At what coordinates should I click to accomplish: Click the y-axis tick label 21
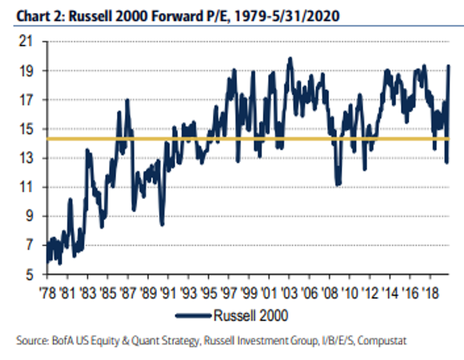pos(26,41)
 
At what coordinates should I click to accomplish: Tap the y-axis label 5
pos(30,275)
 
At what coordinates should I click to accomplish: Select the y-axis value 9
pos(30,216)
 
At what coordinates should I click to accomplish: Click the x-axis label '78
pos(48,293)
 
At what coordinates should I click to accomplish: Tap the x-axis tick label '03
pos(289,293)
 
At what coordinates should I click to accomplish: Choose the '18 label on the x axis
pos(431,293)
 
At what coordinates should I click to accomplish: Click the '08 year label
pos(329,293)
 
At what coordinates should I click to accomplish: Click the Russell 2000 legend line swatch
pos(193,316)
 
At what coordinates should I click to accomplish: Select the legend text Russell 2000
pos(251,316)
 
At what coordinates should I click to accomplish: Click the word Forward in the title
pos(177,16)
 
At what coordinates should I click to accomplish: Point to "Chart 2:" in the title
pos(41,16)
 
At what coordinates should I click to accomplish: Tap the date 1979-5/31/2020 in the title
pos(287,16)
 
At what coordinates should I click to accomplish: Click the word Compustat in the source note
pos(382,340)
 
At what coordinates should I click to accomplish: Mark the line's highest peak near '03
pos(290,58)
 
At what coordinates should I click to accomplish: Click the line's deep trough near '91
pos(162,224)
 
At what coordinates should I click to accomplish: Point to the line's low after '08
pos(338,184)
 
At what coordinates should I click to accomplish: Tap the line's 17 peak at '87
pos(127,100)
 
